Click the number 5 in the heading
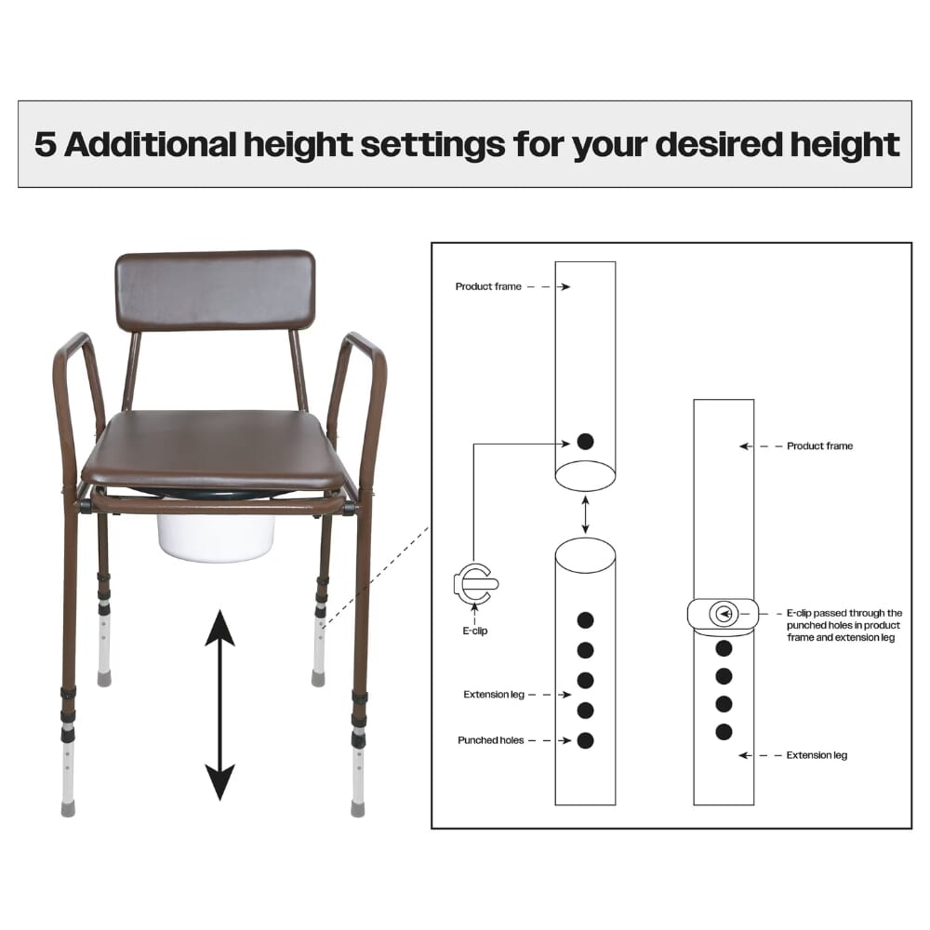pyautogui.click(x=46, y=145)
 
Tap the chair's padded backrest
pyautogui.click(x=215, y=289)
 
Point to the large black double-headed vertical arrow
pyautogui.click(x=219, y=704)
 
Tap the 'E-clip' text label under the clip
pyautogui.click(x=474, y=631)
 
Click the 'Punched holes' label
pyautogui.click(x=490, y=740)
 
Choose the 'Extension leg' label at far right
pyautogui.click(x=817, y=755)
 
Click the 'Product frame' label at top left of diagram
pyautogui.click(x=488, y=286)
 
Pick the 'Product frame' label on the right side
pyautogui.click(x=819, y=446)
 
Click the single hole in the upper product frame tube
pyautogui.click(x=585, y=441)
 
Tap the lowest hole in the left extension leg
pyautogui.click(x=585, y=740)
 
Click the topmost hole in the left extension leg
pyautogui.click(x=585, y=619)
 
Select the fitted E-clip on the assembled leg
pyautogui.click(x=724, y=614)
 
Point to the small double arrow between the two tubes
pyautogui.click(x=585, y=514)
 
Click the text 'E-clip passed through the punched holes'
pyautogui.click(x=844, y=619)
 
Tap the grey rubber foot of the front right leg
pyautogui.click(x=358, y=808)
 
